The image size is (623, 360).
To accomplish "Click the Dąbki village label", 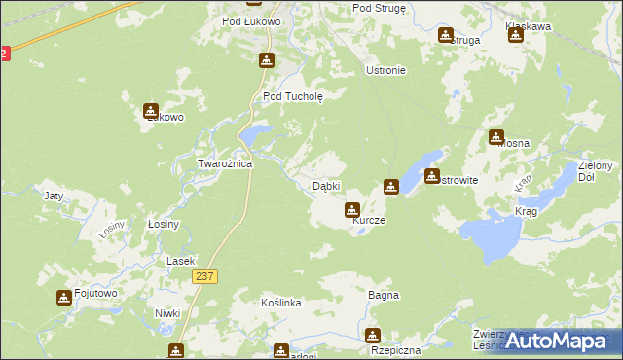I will [325, 186].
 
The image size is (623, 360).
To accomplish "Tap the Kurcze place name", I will [369, 221].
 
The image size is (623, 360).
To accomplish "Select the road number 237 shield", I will [203, 277].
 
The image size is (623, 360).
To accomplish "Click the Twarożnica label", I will [225, 164].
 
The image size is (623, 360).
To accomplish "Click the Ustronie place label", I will [385, 71].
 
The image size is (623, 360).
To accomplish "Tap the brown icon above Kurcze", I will [352, 209].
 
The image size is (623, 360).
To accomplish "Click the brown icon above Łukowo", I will [151, 111].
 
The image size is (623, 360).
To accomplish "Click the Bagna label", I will [384, 294].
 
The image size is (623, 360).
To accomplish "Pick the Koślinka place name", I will [281, 304].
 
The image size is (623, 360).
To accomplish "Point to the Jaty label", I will [54, 196].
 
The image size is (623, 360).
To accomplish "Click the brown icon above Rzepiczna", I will [373, 336].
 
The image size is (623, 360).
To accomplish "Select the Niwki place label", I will [167, 312].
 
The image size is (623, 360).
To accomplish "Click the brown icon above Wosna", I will [496, 137].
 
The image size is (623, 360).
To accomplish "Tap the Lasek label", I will [180, 261].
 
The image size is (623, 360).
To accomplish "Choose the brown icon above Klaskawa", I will [515, 36].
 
